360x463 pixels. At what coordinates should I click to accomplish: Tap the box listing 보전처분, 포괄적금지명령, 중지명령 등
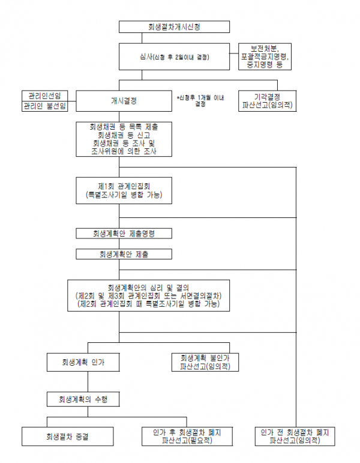point(265,56)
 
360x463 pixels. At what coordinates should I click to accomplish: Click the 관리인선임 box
point(45,95)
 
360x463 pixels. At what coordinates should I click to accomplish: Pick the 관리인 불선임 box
point(45,106)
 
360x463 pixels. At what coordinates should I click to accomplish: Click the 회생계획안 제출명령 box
point(124,233)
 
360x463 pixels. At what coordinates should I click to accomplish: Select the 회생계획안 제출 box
point(124,254)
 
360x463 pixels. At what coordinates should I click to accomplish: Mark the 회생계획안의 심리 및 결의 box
point(148,295)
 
